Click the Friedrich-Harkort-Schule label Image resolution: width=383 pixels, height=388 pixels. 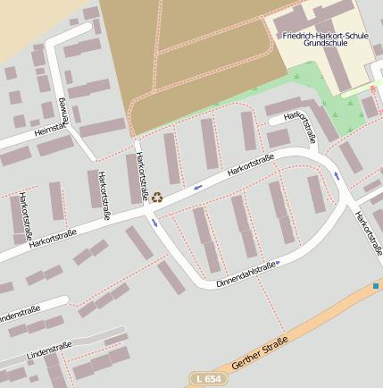[x=325, y=35]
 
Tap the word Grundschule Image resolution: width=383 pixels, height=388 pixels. [x=325, y=43]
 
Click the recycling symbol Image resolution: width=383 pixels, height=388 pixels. [x=157, y=197]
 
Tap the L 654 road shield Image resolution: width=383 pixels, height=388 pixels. [x=209, y=379]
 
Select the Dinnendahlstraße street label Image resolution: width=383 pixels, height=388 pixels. [x=244, y=274]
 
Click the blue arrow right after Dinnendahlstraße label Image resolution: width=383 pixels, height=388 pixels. [x=279, y=263]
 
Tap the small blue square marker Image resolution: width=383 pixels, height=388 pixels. [x=376, y=286]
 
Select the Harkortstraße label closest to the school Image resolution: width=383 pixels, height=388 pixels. [x=301, y=127]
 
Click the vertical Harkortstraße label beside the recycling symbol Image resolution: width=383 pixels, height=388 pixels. [x=140, y=175]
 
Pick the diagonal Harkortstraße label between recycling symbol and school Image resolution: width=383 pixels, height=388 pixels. [x=250, y=164]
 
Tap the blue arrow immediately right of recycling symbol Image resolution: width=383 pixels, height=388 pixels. [x=197, y=187]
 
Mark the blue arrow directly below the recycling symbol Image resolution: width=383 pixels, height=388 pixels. [x=155, y=223]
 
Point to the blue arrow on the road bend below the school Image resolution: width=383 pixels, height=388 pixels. [x=337, y=174]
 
